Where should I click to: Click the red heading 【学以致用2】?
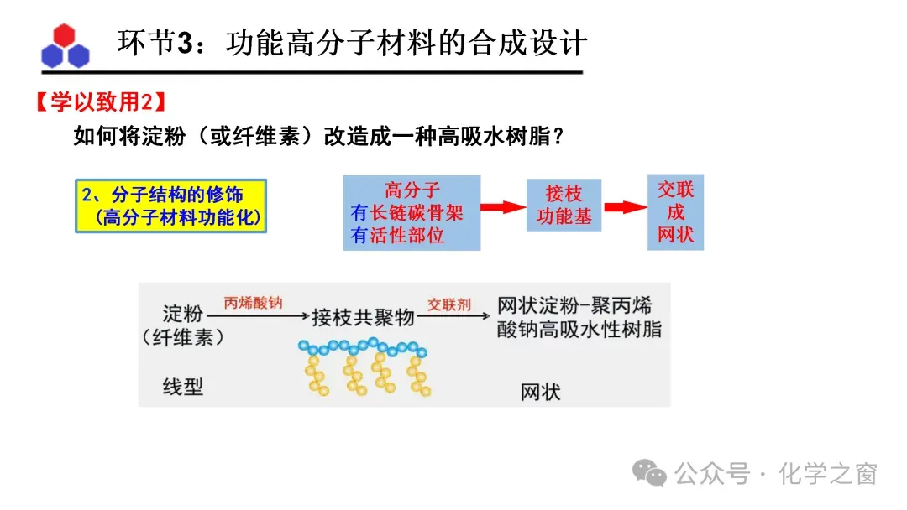click(x=100, y=103)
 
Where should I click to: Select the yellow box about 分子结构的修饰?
click(x=170, y=206)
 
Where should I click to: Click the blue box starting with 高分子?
click(x=412, y=213)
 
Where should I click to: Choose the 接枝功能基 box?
click(x=564, y=205)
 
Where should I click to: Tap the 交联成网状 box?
click(x=675, y=212)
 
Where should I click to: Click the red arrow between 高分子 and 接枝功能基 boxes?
click(x=502, y=207)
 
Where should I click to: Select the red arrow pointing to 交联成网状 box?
click(x=624, y=207)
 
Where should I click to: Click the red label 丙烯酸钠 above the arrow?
click(x=252, y=303)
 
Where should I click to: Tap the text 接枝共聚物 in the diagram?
click(x=364, y=318)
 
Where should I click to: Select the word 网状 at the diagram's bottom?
click(x=540, y=391)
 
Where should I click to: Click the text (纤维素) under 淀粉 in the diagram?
click(x=183, y=337)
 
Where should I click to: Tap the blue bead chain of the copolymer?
click(x=363, y=346)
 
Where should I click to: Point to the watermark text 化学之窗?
click(x=827, y=474)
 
